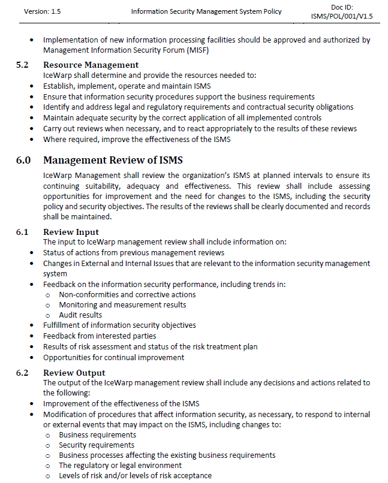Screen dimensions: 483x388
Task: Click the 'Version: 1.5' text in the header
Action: coord(43,11)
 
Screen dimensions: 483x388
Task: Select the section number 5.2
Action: coord(23,65)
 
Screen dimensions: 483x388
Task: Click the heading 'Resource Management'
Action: coord(91,65)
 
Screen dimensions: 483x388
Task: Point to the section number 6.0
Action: coord(24,160)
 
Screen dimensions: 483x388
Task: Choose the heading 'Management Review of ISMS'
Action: coord(113,160)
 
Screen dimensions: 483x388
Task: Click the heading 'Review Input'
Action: coord(71,232)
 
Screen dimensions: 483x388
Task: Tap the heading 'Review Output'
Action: coord(74,373)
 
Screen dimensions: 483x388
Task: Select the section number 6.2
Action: coord(23,373)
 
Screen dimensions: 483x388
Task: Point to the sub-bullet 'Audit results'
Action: coord(80,315)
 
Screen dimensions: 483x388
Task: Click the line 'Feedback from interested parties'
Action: coord(100,336)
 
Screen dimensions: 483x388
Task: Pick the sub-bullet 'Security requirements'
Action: coord(97,445)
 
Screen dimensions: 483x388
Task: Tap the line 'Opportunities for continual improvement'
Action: coord(113,357)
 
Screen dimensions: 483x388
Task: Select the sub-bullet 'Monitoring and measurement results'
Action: coord(122,304)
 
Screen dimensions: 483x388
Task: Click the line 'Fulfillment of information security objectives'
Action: coord(119,325)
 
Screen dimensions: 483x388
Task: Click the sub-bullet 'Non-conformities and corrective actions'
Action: coord(127,294)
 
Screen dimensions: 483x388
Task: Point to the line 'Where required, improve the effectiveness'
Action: coord(136,139)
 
